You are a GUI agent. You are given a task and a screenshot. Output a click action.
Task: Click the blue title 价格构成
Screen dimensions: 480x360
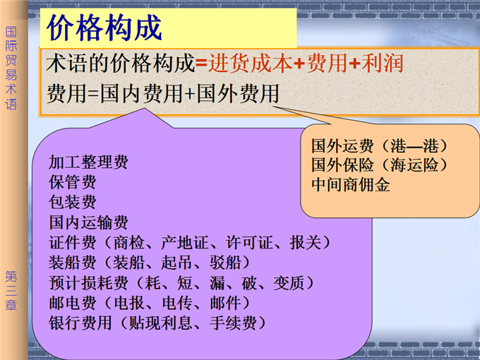[x=104, y=28]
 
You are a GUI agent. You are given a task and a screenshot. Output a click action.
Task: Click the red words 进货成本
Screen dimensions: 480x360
[x=250, y=64]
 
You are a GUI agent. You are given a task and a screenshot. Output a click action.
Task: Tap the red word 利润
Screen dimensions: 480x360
[x=382, y=64]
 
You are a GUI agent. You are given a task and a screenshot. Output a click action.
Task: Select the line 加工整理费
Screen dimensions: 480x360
[x=88, y=162]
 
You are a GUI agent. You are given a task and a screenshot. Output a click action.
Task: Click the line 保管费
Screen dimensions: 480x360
[x=73, y=182]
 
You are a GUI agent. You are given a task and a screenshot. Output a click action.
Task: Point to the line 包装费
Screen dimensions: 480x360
[x=73, y=202]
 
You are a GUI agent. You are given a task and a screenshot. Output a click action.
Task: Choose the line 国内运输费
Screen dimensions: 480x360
[x=88, y=222]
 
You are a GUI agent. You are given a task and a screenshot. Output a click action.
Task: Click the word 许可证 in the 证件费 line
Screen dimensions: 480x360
[x=249, y=242]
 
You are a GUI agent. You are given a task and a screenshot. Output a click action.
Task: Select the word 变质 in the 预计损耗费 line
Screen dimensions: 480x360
[x=289, y=282]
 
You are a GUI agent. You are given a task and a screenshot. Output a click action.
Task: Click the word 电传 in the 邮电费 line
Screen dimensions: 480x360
[x=177, y=303]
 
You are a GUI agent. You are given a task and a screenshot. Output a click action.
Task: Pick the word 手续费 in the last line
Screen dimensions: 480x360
[x=233, y=323]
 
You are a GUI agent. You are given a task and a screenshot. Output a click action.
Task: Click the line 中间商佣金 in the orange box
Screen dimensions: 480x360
[x=351, y=185]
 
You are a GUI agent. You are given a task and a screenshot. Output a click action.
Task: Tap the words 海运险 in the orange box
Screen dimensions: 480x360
[x=414, y=165]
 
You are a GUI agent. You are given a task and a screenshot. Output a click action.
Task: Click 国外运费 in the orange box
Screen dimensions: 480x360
[x=342, y=145]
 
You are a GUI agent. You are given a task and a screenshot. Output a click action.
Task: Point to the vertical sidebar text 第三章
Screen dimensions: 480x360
[x=11, y=291]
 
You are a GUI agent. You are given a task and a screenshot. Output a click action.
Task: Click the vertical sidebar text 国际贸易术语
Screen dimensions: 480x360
[x=11, y=68]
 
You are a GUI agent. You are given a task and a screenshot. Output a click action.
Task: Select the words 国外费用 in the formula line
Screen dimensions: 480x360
[x=238, y=93]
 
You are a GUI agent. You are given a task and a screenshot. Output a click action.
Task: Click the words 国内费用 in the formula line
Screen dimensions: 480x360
[x=141, y=93]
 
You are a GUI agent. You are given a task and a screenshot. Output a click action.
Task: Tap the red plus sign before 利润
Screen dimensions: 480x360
[x=354, y=64]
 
